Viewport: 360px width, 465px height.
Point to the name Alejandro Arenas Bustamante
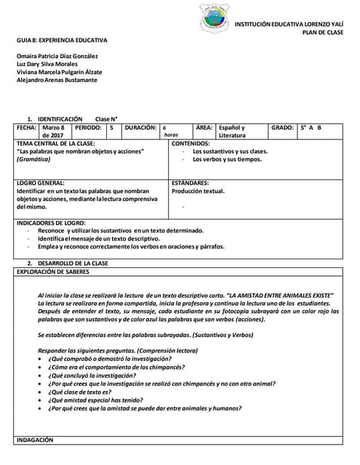(x=57, y=80)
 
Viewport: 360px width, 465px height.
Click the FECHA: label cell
(x=26, y=128)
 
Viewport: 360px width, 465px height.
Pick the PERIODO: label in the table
(x=88, y=128)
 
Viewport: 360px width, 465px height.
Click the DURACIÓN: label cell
(x=140, y=128)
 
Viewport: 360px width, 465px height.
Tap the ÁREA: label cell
(x=204, y=128)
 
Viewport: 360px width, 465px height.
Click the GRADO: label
(x=282, y=128)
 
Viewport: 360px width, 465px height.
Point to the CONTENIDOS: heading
(x=191, y=144)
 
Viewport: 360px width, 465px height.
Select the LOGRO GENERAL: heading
(x=41, y=184)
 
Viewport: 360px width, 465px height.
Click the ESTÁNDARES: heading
(x=191, y=184)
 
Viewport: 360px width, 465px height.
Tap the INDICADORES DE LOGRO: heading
(x=51, y=222)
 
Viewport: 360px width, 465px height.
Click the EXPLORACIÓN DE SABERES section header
(x=52, y=272)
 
